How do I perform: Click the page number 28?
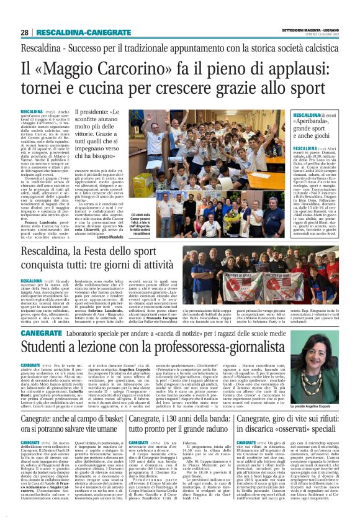coord(24,32)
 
